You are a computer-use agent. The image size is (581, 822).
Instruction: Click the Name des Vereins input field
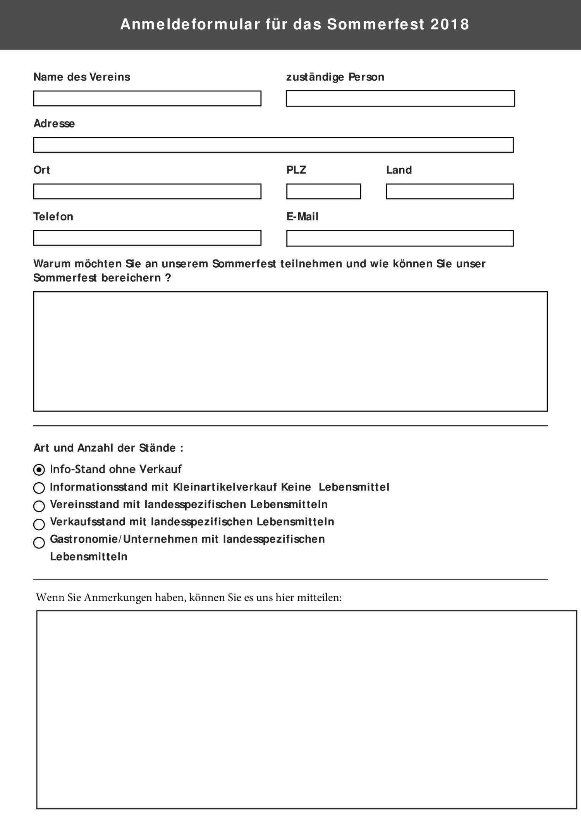147,98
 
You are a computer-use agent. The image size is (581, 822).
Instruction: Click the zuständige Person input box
400,98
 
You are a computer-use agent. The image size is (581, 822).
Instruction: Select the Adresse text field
273,145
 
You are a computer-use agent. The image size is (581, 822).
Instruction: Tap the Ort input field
147,191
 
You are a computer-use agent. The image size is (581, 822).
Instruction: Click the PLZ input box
323,191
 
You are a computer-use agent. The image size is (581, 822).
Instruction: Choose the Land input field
450,191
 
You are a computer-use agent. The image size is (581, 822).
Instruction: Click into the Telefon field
147,238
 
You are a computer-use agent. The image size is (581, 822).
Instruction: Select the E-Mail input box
400,238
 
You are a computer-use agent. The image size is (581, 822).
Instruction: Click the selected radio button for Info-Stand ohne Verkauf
39,470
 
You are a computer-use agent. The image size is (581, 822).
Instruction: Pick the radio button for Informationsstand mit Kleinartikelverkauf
39,488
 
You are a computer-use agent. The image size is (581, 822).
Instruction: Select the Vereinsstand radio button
39,506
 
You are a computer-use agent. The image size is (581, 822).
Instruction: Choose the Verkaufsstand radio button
39,524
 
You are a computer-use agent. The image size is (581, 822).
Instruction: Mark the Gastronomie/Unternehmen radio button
39,543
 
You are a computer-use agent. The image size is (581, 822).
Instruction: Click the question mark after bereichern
168,278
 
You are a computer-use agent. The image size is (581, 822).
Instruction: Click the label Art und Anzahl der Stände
108,448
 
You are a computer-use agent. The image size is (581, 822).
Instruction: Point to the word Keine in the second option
296,487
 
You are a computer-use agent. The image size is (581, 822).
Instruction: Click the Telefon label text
53,217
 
